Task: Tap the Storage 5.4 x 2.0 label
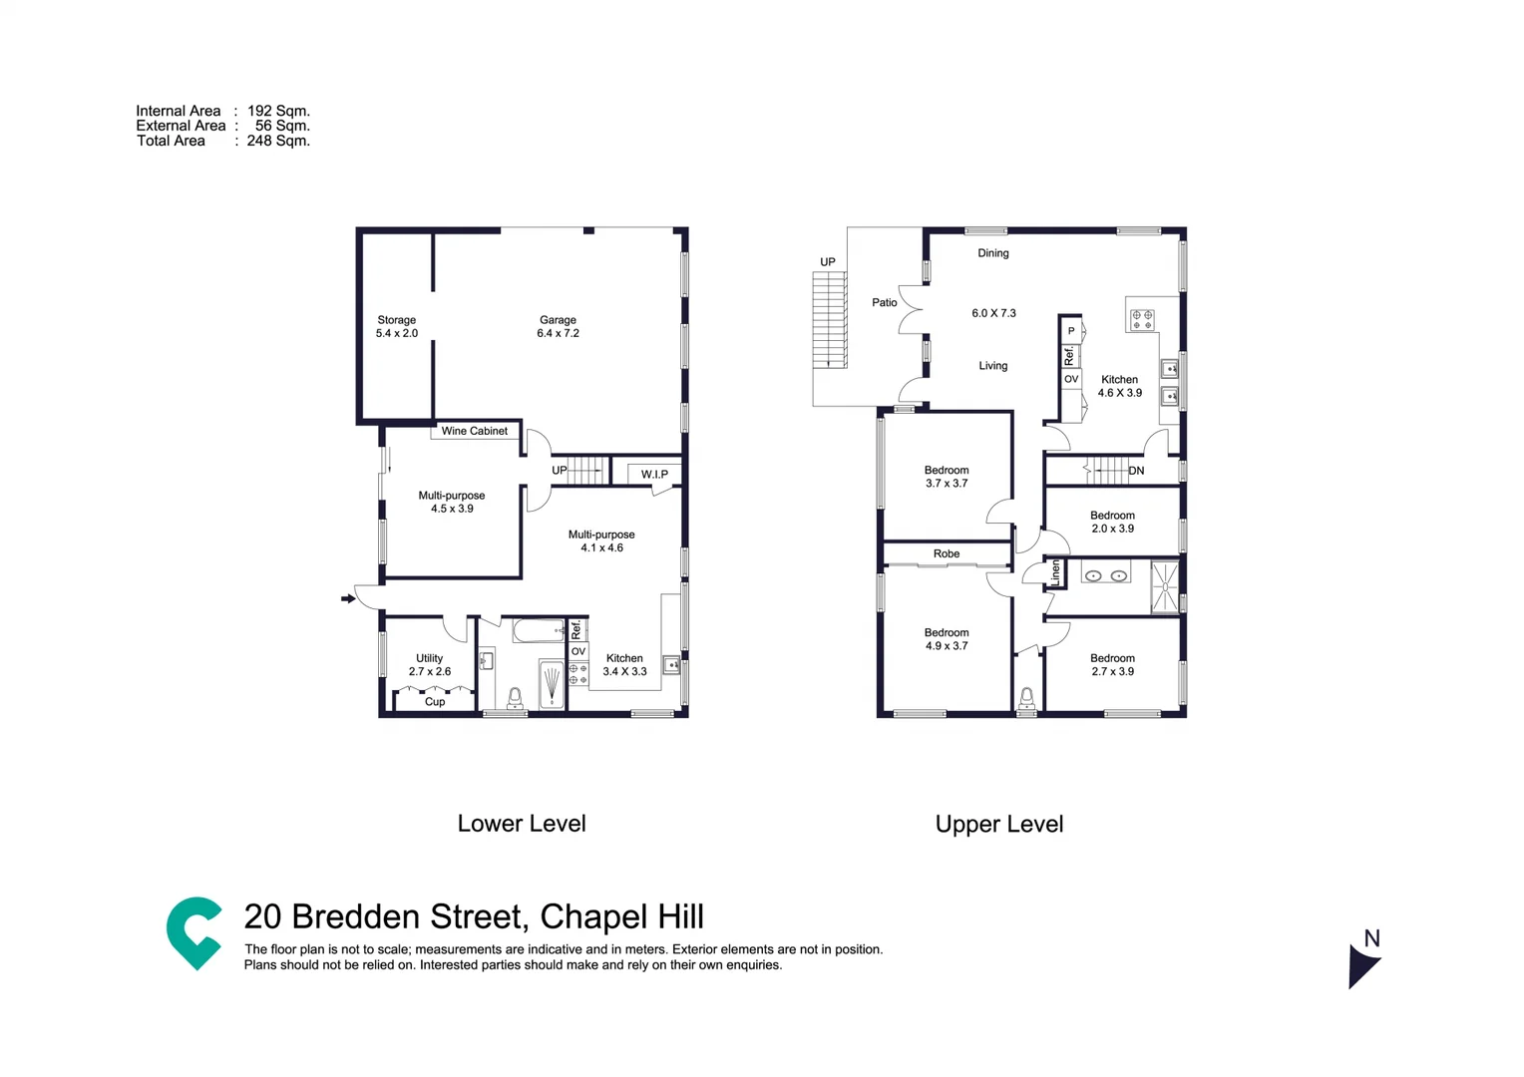396,326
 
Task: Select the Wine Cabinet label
475,431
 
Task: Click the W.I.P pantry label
654,474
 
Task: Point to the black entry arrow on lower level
348,598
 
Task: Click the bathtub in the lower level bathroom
539,630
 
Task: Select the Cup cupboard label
435,702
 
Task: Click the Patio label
884,302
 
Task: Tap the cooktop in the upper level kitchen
1142,319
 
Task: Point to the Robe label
947,553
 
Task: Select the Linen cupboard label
1055,572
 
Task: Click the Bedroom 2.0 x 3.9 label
1112,522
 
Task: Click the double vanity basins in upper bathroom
1105,575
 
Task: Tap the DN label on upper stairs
1136,471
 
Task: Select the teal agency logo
193,932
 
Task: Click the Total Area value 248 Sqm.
278,141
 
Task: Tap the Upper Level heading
998,824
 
